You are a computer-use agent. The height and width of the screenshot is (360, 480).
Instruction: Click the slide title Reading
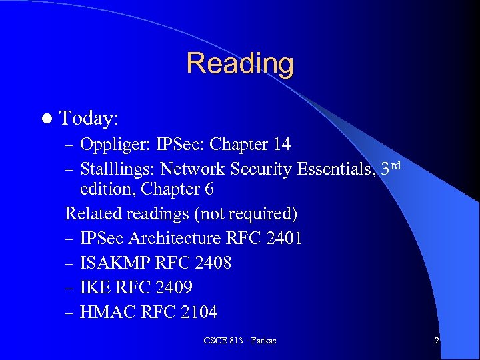240,64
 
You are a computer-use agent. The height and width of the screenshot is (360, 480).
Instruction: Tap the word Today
88,119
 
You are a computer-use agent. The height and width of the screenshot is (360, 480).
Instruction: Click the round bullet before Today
45,119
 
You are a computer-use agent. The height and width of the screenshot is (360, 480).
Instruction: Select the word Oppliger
111,144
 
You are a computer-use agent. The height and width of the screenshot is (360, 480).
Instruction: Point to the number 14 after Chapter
281,144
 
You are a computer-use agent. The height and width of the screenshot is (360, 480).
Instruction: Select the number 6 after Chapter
209,189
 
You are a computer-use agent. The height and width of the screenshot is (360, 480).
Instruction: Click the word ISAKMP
115,263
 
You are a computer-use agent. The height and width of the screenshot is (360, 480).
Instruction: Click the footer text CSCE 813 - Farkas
240,341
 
